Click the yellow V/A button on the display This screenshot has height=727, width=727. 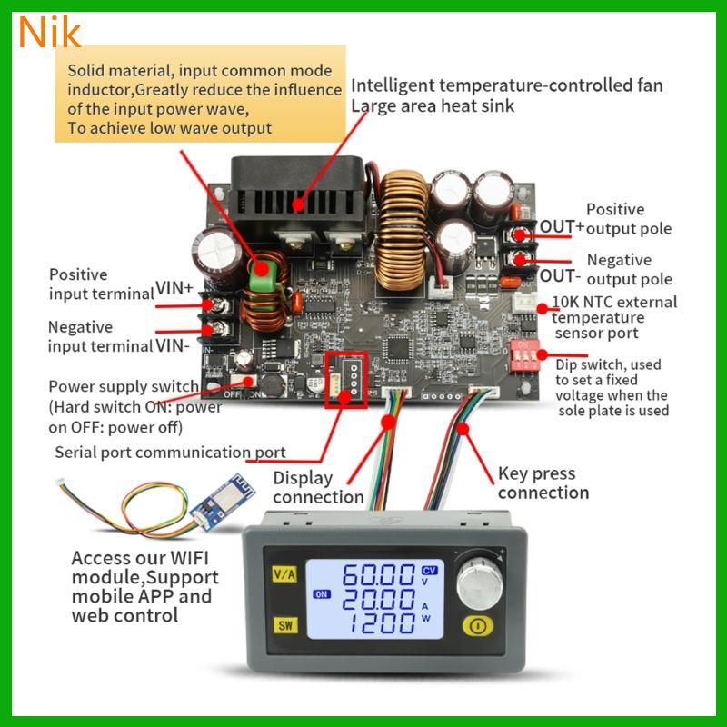point(282,574)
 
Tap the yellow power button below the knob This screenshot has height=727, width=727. point(477,625)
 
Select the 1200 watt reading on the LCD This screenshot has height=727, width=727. point(378,624)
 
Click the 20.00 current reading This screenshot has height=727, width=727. point(378,600)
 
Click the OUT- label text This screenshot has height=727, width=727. point(561,274)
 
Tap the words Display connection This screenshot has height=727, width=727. point(317,487)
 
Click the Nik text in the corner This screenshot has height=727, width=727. point(48,32)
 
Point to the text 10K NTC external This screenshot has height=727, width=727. point(614,302)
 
